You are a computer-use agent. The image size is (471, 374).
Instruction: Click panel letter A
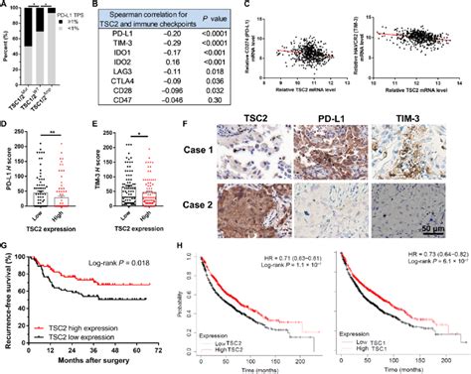click(x=6, y=6)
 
